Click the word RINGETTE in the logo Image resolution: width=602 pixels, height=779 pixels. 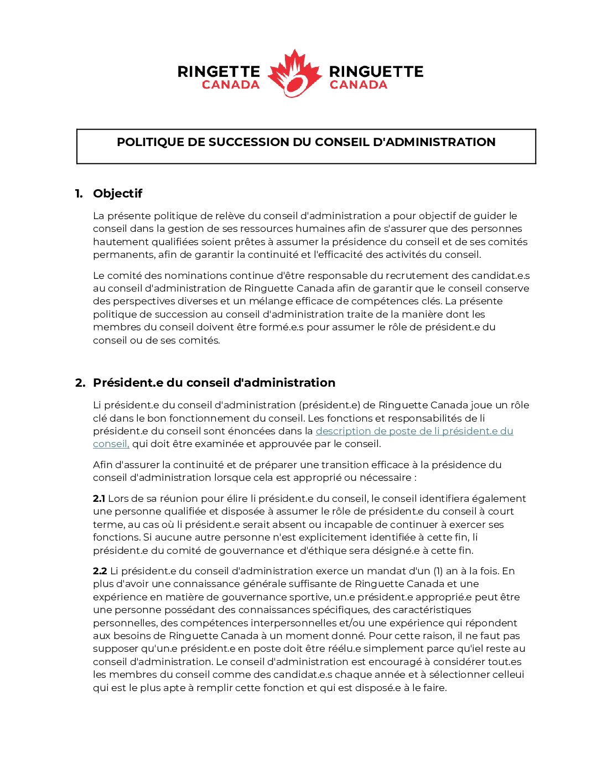[x=219, y=71]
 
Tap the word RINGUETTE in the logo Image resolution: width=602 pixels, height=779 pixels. [x=376, y=71]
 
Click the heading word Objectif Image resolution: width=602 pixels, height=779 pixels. [x=117, y=194]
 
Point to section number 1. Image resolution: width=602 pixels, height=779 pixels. [x=79, y=194]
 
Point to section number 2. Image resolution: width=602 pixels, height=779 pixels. [x=80, y=383]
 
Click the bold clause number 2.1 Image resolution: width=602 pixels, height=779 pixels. [x=99, y=498]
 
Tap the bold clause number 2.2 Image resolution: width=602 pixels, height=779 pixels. [x=100, y=571]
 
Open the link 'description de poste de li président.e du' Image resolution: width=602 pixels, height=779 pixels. [x=414, y=431]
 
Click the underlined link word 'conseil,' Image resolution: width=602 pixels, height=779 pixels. [x=111, y=444]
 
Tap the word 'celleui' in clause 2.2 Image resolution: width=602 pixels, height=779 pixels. [x=507, y=674]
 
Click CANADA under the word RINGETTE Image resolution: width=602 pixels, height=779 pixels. [x=231, y=85]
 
